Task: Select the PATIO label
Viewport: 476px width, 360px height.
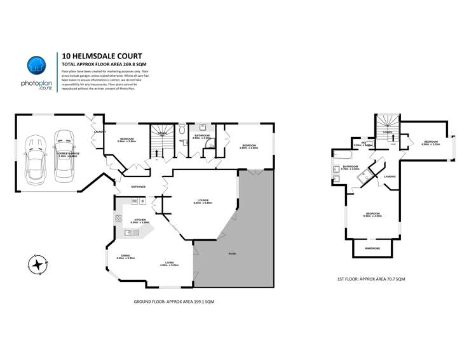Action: coord(233,255)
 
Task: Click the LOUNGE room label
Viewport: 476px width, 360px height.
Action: coord(203,201)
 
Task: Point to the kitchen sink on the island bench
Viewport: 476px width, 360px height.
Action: coord(132,233)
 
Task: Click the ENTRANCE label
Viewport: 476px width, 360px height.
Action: coord(138,187)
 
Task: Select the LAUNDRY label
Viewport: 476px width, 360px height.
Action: coord(99,131)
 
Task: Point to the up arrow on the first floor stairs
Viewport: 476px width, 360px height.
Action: coord(392,135)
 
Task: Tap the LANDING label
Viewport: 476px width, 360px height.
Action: coord(390,177)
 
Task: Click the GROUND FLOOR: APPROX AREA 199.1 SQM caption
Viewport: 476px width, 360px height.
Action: coord(174,302)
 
